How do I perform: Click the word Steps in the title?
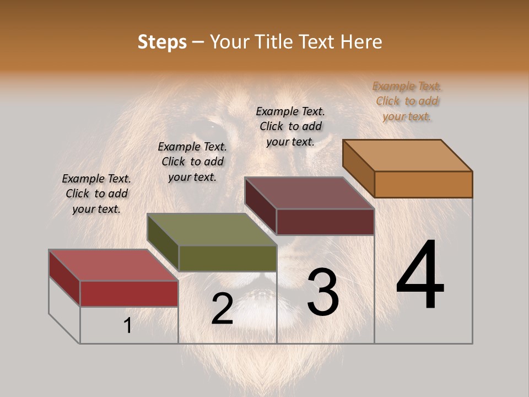point(162,42)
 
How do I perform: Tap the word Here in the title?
point(362,42)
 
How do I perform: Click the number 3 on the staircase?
point(323,292)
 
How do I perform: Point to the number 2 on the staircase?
point(222,309)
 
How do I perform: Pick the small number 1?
point(127,326)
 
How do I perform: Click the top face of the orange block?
point(408,155)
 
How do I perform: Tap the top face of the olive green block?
point(212,229)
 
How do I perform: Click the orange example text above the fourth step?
point(407,101)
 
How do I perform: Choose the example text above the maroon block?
point(290,126)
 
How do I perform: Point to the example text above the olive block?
point(192,162)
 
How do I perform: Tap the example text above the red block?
point(96,194)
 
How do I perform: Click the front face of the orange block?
point(423,184)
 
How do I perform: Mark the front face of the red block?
point(129,293)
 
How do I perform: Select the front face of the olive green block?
point(228,258)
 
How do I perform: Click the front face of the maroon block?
point(325,222)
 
